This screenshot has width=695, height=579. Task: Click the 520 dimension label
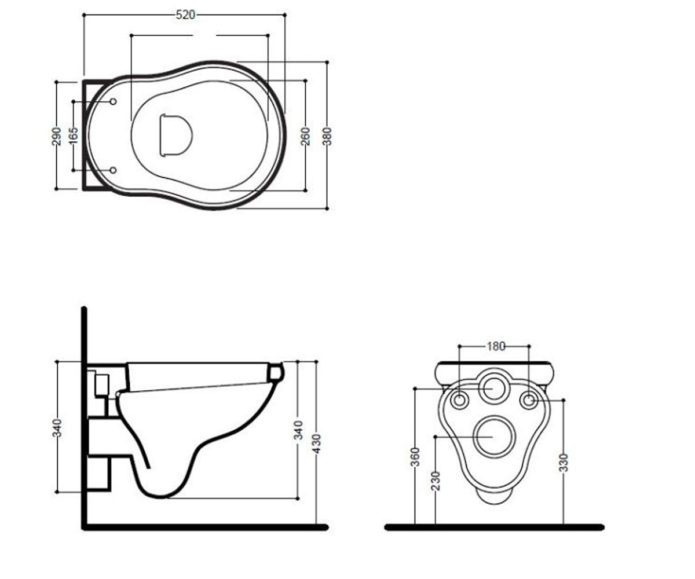point(185,15)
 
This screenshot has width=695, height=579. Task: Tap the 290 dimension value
point(57,137)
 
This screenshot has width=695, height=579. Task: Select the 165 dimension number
point(74,135)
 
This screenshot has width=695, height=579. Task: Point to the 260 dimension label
point(305,137)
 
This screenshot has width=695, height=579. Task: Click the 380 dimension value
point(327,137)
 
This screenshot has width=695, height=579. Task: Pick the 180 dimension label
point(496,346)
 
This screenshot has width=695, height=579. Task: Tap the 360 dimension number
point(415,457)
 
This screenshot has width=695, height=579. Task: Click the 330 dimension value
point(564,463)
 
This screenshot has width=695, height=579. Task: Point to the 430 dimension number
point(316,444)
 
